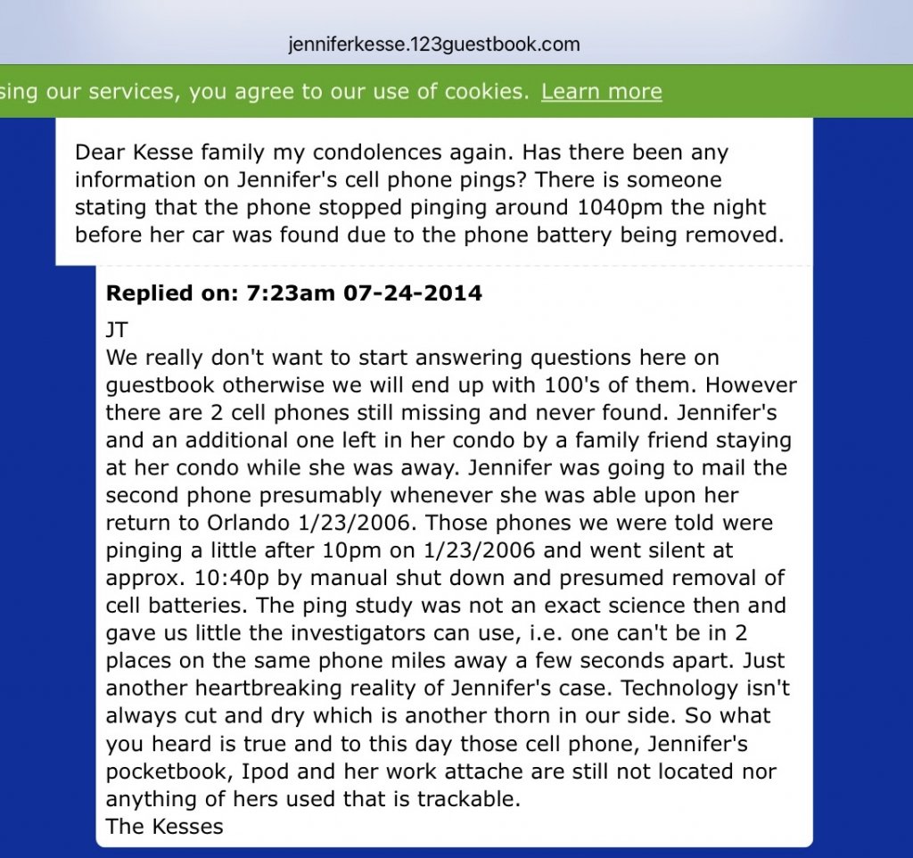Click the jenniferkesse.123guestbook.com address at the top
[x=434, y=44]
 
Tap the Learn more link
[x=601, y=91]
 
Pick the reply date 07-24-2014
[x=413, y=293]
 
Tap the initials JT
[x=117, y=330]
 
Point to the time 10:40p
[x=218, y=578]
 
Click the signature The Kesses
[x=164, y=826]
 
